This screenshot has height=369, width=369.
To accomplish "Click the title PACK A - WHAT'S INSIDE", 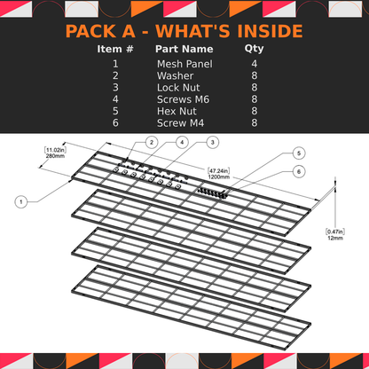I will pyautogui.click(x=184, y=33).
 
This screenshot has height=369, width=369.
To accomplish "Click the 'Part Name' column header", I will pyautogui.click(x=184, y=50).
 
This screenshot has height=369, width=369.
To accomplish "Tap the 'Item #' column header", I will pyautogui.click(x=115, y=50).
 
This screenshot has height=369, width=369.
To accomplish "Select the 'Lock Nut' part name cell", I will pyautogui.click(x=178, y=88).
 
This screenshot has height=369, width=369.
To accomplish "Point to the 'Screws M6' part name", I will pyautogui.click(x=182, y=99).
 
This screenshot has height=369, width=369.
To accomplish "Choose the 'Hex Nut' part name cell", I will pyautogui.click(x=177, y=111).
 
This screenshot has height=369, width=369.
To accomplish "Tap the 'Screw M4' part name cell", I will pyautogui.click(x=181, y=122).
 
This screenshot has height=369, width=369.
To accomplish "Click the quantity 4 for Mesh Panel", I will pyautogui.click(x=254, y=65).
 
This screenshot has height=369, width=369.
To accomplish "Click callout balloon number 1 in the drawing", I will pyautogui.click(x=20, y=202).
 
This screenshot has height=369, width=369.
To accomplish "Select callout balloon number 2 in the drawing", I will pyautogui.click(x=152, y=142).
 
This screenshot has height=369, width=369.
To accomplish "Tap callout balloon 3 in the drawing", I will pyautogui.click(x=213, y=142).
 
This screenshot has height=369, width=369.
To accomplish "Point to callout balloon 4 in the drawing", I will pyautogui.click(x=181, y=142).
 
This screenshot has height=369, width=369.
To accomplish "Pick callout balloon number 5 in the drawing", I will pyautogui.click(x=299, y=153).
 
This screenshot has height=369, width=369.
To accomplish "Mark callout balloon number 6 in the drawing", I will pyautogui.click(x=299, y=170).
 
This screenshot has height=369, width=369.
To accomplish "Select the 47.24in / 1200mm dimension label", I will pyautogui.click(x=219, y=172).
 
